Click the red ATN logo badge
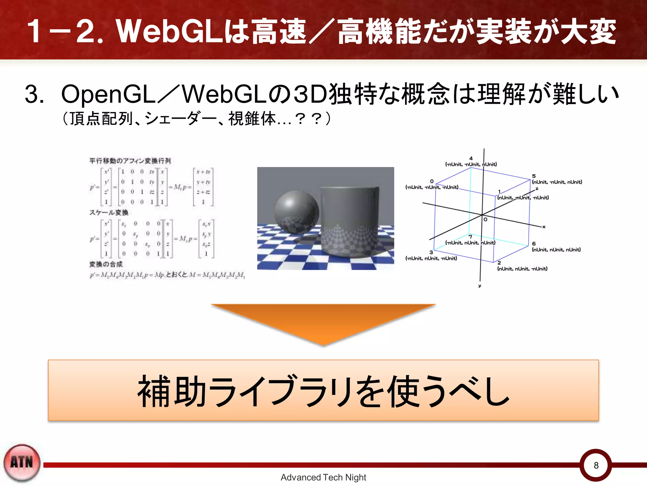pyautogui.click(x=22, y=463)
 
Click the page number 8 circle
pyautogui.click(x=596, y=465)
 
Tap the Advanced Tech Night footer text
pyautogui.click(x=323, y=477)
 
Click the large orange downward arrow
pyautogui.click(x=323, y=323)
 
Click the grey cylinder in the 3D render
pyautogui.click(x=349, y=221)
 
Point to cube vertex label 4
pyautogui.click(x=471, y=158)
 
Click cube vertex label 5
pyautogui.click(x=534, y=176)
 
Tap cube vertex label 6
pyautogui.click(x=534, y=244)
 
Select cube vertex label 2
pyautogui.click(x=499, y=263)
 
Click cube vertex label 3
pyautogui.click(x=431, y=252)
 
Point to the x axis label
pyautogui.click(x=544, y=227)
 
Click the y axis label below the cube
pyautogui.click(x=480, y=286)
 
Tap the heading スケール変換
pyautogui.click(x=109, y=212)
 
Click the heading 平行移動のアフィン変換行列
pyautogui.click(x=130, y=161)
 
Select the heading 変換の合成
pyautogui.click(x=106, y=264)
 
